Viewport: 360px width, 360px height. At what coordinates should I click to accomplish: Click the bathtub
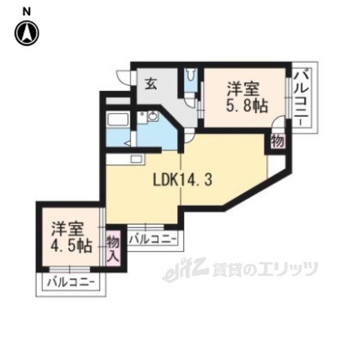[x=119, y=121]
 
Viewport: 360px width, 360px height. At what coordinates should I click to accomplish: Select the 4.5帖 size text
[x=69, y=246]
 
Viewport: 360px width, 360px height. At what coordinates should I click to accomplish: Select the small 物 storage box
[x=277, y=141]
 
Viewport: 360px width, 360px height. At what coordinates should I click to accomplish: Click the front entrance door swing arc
[x=123, y=79]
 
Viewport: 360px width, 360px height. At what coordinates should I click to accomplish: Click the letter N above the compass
[x=26, y=11]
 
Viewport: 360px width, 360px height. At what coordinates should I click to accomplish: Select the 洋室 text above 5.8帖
[x=244, y=88]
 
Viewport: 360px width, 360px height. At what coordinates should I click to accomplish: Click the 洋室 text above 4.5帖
[x=68, y=229]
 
